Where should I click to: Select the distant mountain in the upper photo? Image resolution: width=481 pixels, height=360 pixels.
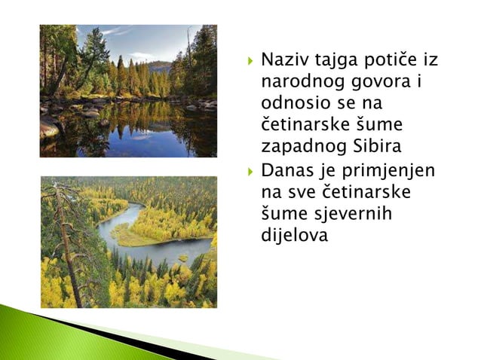coord(158,66)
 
